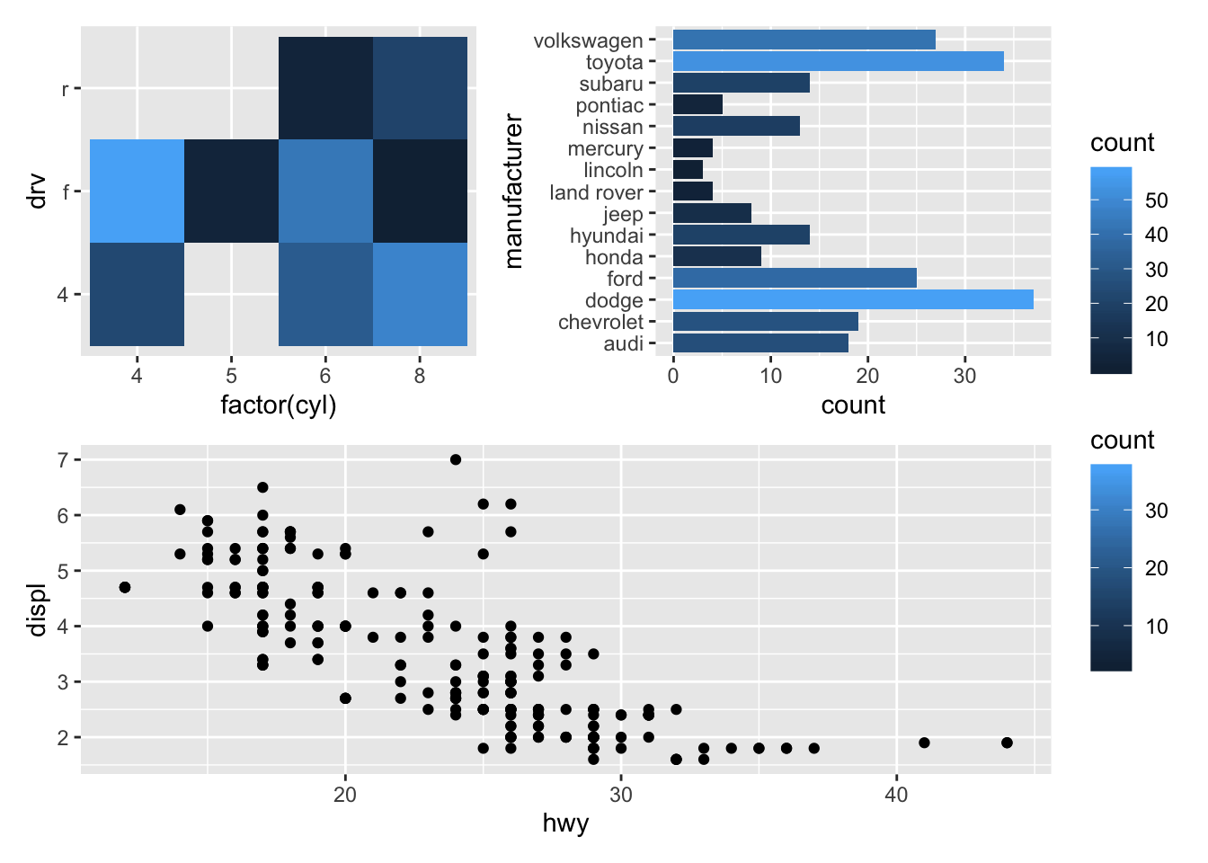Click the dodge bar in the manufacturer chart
tap(852, 299)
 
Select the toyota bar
tap(838, 61)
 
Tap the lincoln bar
tap(688, 170)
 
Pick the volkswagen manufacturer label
tap(588, 40)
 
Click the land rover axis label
tap(596, 192)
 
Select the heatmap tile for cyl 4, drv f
tap(137, 191)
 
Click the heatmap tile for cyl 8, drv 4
tap(420, 294)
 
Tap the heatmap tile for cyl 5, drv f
tap(231, 191)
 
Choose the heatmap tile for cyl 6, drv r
tap(325, 88)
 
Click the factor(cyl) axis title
tap(279, 405)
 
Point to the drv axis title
tap(37, 191)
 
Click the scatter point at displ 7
tap(456, 459)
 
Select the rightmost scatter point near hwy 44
tap(1007, 743)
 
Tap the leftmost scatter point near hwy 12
tap(125, 587)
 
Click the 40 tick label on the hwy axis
tap(896, 795)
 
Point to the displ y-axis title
tap(37, 609)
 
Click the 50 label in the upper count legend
tap(1157, 200)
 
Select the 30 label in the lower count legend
tap(1157, 511)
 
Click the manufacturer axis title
tap(513, 191)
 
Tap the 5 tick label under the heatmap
tap(231, 376)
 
